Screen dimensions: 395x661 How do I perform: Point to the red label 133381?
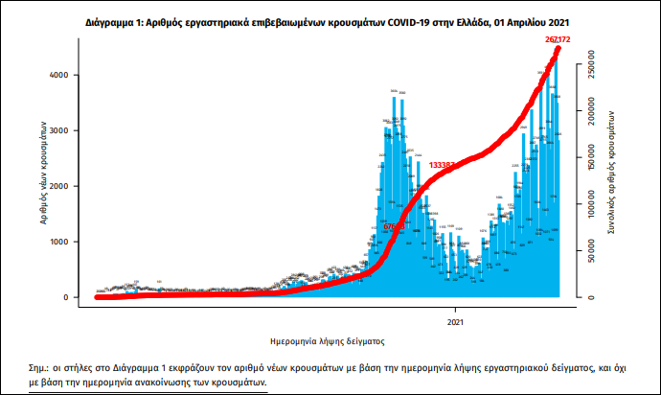(443, 165)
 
